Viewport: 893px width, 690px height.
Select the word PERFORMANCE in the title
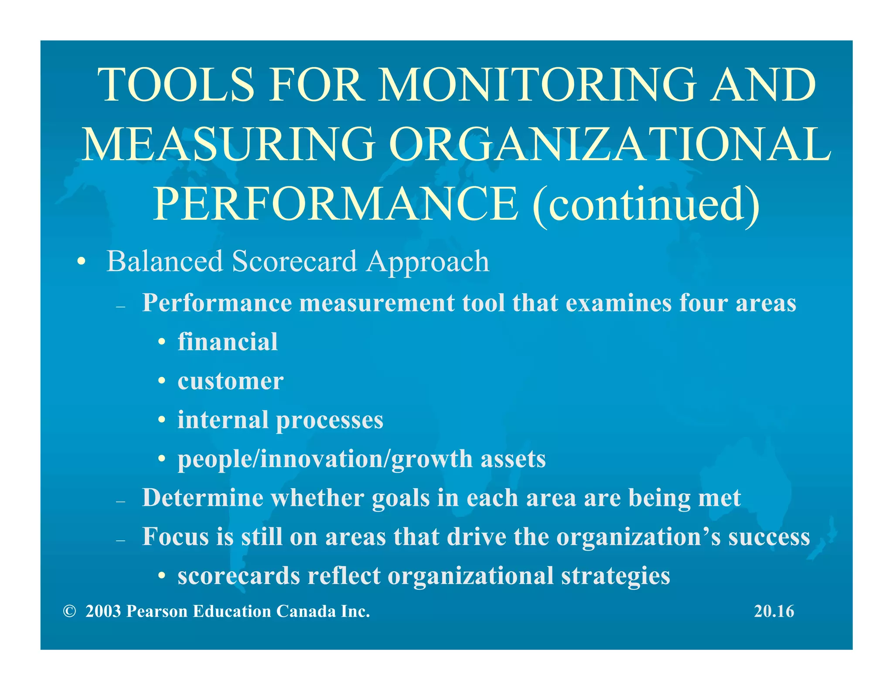336,204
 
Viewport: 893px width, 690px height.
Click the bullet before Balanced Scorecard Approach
81,263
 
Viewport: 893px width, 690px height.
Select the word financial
228,342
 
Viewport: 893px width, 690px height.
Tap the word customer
231,381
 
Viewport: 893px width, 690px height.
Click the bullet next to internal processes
162,420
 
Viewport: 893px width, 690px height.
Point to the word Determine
203,498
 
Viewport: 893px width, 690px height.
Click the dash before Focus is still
121,540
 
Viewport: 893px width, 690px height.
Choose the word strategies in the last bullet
615,576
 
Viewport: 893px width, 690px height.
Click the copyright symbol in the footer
69,611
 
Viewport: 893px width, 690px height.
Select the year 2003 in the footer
103,611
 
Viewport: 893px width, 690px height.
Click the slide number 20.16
774,611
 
